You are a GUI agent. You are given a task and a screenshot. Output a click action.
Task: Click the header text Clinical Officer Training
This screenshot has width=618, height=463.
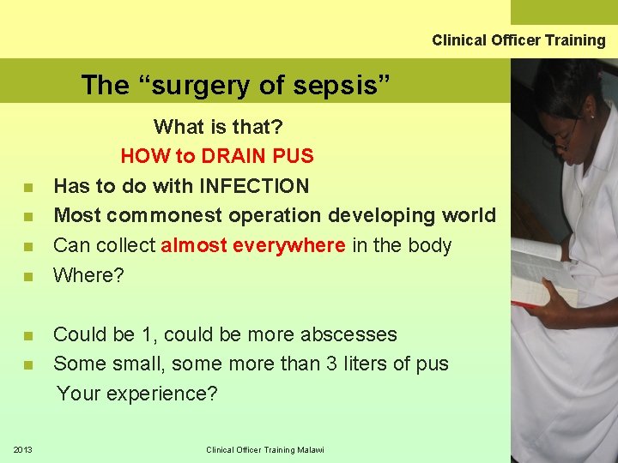pos(518,40)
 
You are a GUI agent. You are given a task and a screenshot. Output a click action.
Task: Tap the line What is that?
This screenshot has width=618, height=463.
pos(218,127)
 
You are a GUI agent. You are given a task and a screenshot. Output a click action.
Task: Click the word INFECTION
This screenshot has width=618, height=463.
pos(254,186)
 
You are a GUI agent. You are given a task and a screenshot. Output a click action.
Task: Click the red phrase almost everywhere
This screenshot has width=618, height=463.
pos(254,245)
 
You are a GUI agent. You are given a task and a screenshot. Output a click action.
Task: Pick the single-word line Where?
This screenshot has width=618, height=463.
pos(88,275)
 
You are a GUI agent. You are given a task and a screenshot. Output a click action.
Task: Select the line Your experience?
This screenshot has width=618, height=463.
pos(137,394)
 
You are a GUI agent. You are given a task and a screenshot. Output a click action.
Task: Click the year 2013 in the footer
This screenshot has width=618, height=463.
pos(23,450)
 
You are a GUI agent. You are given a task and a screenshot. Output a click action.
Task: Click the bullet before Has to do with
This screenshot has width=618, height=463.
pos(28,187)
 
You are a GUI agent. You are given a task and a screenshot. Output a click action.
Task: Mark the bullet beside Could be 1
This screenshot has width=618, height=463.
pos(28,335)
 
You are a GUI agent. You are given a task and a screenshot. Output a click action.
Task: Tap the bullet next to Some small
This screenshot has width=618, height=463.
pos(28,364)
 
